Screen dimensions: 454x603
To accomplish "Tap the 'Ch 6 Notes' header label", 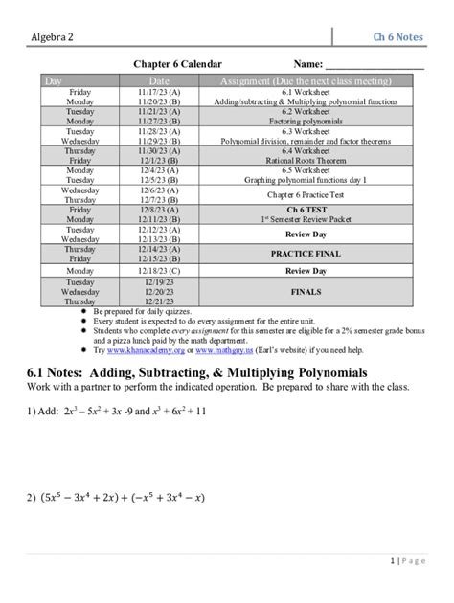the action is pos(398,36).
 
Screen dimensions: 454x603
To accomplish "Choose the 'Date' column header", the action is pos(159,81).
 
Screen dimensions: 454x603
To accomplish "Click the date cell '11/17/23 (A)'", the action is pos(159,91).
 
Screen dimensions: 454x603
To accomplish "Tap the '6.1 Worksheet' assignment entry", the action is pos(306,91).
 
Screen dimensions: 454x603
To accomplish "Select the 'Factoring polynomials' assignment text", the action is pos(306,122).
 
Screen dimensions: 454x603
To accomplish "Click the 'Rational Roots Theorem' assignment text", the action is pos(306,162).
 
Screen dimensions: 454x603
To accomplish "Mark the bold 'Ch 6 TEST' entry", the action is pos(306,209).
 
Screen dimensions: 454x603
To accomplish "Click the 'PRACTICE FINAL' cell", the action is pos(306,254).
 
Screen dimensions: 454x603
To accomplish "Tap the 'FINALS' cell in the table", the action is pos(306,292).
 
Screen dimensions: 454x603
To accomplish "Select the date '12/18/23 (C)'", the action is pos(159,270).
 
